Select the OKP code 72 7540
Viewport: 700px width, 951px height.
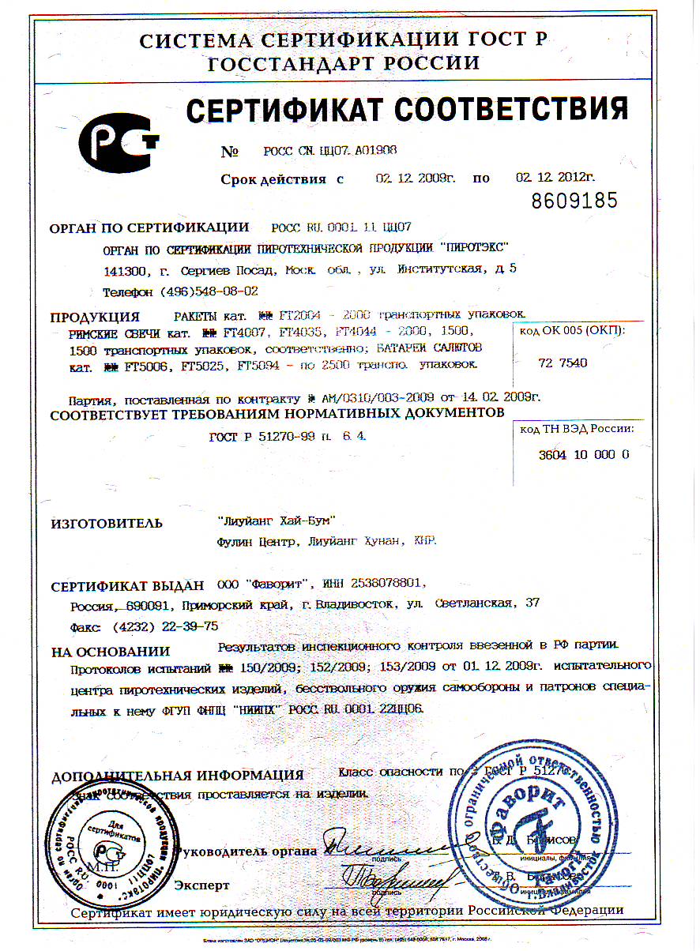(563, 363)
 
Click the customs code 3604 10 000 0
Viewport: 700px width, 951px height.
(584, 455)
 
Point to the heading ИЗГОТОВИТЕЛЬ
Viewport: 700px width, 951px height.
(107, 523)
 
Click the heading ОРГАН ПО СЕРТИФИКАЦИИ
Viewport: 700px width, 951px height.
(149, 228)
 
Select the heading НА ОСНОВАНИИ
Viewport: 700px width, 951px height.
(111, 652)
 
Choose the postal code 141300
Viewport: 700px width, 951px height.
(125, 270)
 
